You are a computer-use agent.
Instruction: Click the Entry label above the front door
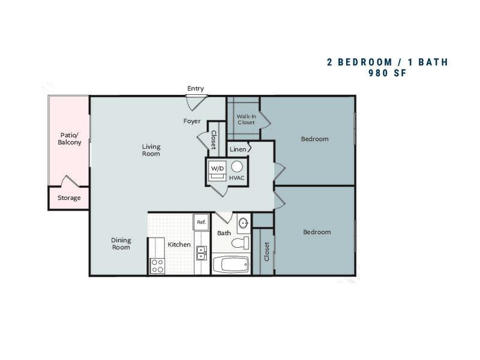[196, 88]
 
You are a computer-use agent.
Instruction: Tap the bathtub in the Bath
[231, 264]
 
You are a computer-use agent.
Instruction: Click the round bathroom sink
[244, 223]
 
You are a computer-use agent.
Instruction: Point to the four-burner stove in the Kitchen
[157, 266]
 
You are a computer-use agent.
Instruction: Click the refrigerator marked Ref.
[201, 222]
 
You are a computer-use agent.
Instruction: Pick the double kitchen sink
[201, 253]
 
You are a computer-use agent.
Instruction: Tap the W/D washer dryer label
[217, 169]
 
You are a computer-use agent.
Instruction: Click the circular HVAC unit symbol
[237, 167]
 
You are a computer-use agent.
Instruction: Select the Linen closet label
[238, 149]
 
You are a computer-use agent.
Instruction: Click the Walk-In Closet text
[246, 119]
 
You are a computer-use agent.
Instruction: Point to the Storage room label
[69, 198]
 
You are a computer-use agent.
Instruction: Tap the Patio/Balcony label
[70, 139]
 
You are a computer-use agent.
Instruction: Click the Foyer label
[192, 121]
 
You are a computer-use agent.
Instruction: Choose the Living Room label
[151, 150]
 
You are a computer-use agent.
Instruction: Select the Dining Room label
[121, 244]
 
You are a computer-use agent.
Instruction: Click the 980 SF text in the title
[388, 73]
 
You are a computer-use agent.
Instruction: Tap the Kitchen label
[179, 245]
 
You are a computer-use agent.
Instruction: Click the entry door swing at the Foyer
[196, 103]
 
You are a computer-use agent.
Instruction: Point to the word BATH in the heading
[433, 62]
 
